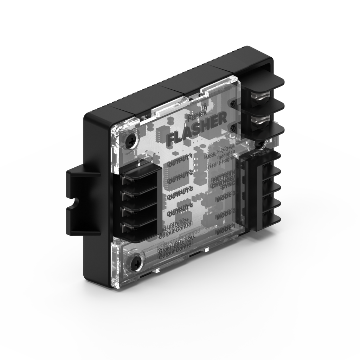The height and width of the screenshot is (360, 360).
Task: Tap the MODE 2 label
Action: pyautogui.click(x=225, y=213)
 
